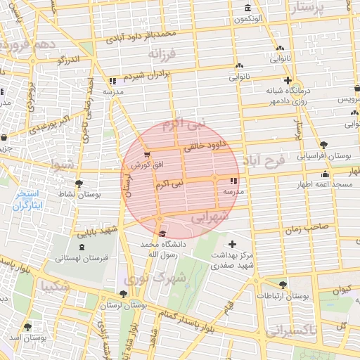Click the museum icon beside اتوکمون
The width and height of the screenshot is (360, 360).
(247, 8)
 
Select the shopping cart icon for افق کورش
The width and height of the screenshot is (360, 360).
(146, 153)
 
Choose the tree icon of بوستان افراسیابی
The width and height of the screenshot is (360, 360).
(323, 145)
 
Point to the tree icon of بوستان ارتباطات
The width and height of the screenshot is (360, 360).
(282, 285)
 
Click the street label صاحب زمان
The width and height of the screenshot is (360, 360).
(307, 228)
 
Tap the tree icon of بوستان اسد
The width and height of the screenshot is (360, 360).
(27, 327)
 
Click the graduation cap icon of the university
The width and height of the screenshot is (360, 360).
(162, 233)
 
